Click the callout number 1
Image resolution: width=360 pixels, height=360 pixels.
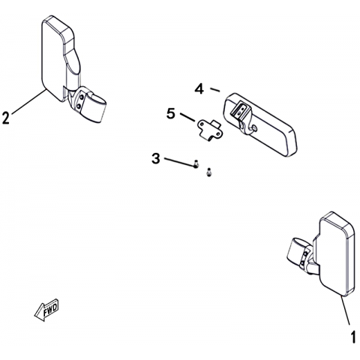[353, 337]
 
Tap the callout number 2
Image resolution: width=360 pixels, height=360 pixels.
[6, 118]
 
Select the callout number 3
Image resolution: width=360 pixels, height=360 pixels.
[156, 158]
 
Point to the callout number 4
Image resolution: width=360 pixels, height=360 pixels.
[199, 89]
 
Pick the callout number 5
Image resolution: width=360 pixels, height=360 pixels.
[171, 114]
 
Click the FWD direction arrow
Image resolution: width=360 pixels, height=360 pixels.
[46, 310]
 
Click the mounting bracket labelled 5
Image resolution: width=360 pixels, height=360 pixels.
[209, 130]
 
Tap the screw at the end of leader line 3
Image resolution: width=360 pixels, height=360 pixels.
[196, 164]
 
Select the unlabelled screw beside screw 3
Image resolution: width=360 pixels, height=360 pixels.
[208, 172]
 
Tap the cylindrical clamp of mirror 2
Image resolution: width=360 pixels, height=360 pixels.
[95, 107]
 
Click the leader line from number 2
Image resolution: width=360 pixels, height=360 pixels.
[28, 102]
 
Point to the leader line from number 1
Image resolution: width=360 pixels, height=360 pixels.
[345, 310]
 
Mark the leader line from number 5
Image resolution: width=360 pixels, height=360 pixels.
[187, 118]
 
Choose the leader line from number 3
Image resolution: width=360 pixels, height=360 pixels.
[179, 161]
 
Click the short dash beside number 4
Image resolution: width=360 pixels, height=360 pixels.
[214, 90]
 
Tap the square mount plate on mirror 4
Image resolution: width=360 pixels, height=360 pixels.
[240, 109]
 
